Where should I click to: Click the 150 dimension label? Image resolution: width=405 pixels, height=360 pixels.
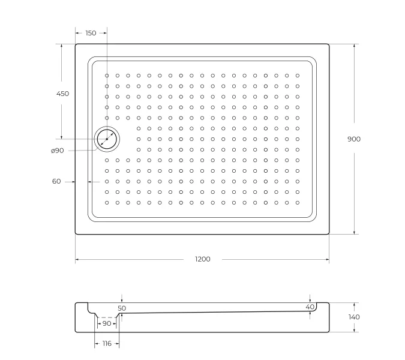coord(91,33)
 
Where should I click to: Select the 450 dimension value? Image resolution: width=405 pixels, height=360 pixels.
coord(62,94)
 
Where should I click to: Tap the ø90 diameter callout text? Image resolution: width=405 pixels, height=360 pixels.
coord(58,150)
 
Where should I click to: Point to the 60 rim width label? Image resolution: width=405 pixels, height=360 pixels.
coord(56,181)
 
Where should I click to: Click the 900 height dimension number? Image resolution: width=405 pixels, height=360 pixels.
coord(354,139)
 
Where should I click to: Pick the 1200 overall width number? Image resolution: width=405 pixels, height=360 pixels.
coord(203,259)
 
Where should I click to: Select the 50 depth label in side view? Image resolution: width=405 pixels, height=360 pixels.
coord(122,308)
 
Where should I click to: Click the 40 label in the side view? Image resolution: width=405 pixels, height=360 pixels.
coord(310,307)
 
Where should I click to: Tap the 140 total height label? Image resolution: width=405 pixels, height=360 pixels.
coord(354,317)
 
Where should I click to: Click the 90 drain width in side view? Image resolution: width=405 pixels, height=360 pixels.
coord(106,323)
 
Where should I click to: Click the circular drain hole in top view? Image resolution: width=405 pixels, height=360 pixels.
coord(107,139)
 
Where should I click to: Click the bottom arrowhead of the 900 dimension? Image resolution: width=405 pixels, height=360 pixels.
coord(354,232)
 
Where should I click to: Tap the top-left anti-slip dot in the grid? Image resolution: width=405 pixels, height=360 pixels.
coord(107,76)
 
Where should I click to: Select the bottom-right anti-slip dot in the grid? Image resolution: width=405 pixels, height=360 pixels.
coord(298,203)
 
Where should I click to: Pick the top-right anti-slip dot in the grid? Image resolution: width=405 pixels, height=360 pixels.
coord(298,76)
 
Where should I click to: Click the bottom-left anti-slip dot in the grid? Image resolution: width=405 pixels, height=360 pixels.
coord(107,203)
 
